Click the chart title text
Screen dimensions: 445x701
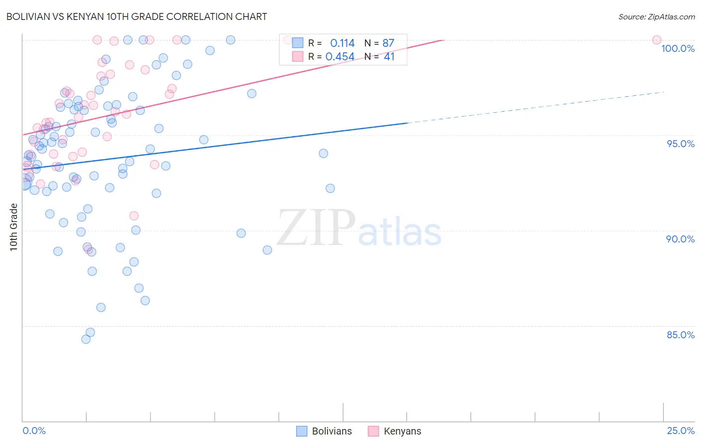coord(137,16)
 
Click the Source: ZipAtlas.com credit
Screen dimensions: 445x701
coord(656,16)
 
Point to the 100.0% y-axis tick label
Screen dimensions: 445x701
coord(678,48)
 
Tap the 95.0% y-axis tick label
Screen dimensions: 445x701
coord(681,144)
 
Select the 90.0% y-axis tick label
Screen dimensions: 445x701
coord(680,239)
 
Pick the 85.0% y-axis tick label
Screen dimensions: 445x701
coord(681,335)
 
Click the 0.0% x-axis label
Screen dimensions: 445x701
coord(34,431)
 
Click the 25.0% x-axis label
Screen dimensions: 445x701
coord(681,431)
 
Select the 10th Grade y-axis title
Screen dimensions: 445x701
coord(14,227)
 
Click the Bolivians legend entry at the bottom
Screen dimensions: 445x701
coord(324,431)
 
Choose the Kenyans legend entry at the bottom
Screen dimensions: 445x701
coord(395,431)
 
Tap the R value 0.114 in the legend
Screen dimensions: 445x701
coord(342,43)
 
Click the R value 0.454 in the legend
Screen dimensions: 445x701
coord(340,57)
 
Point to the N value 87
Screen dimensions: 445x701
coord(388,43)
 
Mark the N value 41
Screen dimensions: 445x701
coord(389,57)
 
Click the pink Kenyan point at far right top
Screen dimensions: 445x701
coord(657,40)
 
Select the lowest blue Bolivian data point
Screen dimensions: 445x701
coord(86,339)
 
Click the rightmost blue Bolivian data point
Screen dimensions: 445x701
coord(330,188)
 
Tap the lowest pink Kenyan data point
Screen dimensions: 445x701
coord(134,216)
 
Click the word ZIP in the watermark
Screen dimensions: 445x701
coord(316,228)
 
